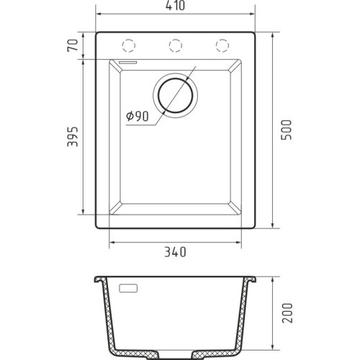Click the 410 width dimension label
176,6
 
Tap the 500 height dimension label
287,130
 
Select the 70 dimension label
73,45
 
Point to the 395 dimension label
73,137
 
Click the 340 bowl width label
175,252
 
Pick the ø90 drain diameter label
138,117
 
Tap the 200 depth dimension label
287,313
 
